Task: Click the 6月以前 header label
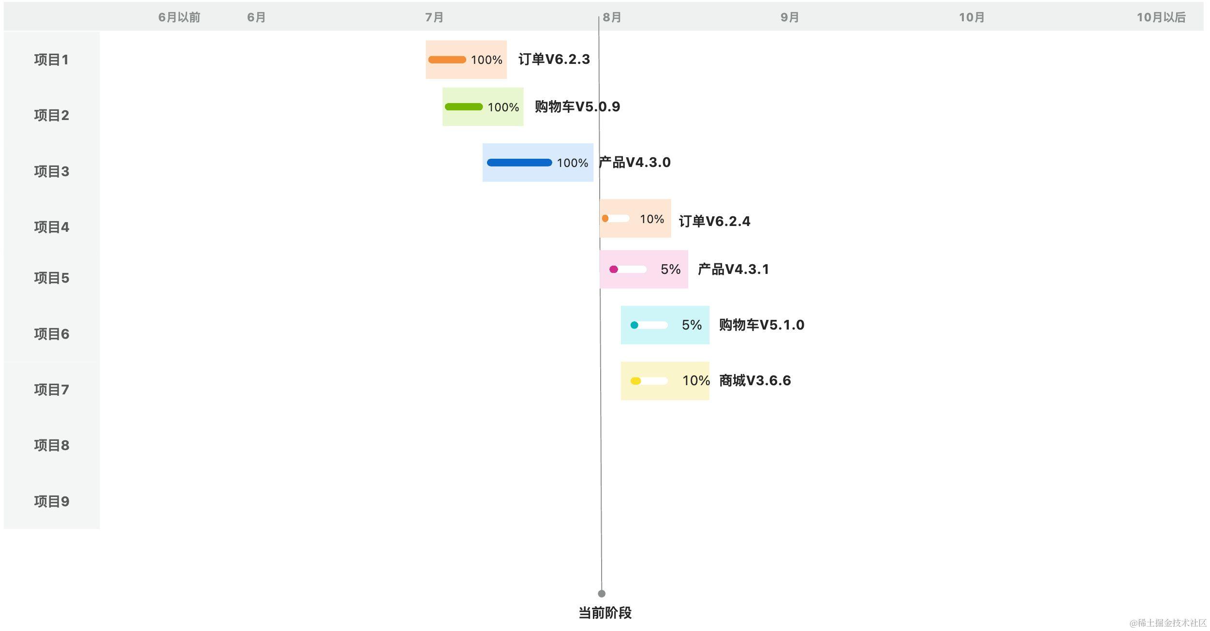click(x=179, y=17)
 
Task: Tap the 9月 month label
click(x=789, y=17)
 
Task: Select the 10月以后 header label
click(x=1161, y=17)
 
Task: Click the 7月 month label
click(x=434, y=17)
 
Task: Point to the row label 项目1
click(x=51, y=60)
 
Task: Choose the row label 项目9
click(x=51, y=501)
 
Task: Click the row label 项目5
click(x=51, y=278)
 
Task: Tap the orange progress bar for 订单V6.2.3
click(x=447, y=60)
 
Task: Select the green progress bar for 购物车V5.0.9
click(x=463, y=107)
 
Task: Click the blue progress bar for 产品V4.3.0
click(x=519, y=163)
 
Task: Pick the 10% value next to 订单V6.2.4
click(x=651, y=219)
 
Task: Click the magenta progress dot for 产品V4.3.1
click(x=613, y=269)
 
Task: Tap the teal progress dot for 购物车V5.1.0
click(x=634, y=325)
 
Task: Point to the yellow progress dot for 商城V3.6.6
click(x=635, y=381)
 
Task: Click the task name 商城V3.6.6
click(x=754, y=381)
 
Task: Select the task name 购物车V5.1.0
click(x=761, y=325)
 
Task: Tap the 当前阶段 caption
click(x=605, y=613)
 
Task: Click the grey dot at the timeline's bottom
click(x=601, y=594)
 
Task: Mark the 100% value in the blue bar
click(x=572, y=163)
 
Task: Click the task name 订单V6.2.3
click(x=554, y=59)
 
